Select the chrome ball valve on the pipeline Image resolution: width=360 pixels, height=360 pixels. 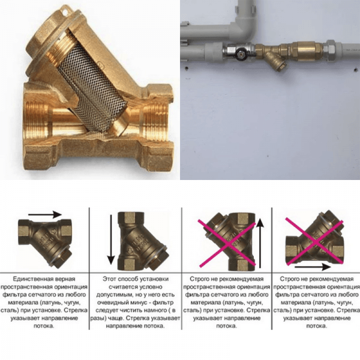(239, 51)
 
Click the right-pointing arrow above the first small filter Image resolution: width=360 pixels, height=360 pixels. (45, 215)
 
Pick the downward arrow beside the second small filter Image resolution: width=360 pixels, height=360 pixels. (111, 239)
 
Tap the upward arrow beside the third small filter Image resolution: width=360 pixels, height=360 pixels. (260, 244)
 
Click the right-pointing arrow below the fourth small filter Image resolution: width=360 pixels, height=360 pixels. (313, 267)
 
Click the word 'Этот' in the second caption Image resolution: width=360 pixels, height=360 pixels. (109, 279)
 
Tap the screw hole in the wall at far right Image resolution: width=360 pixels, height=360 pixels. (356, 69)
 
